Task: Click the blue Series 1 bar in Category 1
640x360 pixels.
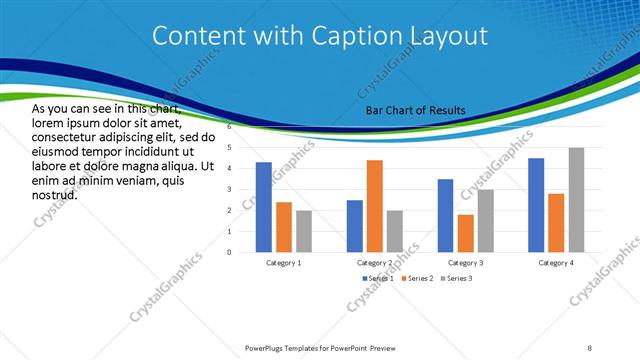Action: [x=264, y=207]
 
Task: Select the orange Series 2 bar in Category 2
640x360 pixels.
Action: [x=375, y=206]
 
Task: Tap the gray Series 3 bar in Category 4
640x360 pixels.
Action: [x=576, y=200]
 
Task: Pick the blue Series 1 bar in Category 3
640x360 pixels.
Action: [x=445, y=215]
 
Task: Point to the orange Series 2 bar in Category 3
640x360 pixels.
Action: [x=465, y=233]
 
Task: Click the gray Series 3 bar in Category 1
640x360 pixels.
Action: [x=304, y=231]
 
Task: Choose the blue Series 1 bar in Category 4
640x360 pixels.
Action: [x=536, y=205]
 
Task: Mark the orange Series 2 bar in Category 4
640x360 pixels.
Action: [x=556, y=223]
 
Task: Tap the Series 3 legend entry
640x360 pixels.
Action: [x=459, y=277]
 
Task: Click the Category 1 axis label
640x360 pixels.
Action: [x=284, y=262]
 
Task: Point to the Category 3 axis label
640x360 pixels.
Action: [x=465, y=262]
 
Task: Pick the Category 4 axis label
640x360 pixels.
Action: [x=556, y=262]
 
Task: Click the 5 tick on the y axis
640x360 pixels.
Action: [x=229, y=148]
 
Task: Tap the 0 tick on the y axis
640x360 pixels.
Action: [x=229, y=252]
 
